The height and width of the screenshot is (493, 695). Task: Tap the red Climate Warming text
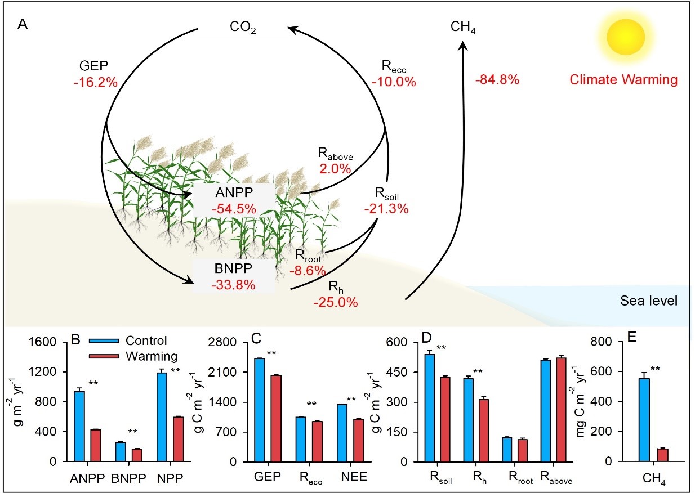(x=623, y=80)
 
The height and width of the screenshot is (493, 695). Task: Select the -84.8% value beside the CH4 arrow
(x=497, y=80)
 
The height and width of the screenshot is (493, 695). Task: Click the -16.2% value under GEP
(x=95, y=83)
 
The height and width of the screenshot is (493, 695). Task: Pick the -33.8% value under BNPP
(x=234, y=284)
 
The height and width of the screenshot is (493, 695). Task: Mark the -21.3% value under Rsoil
(x=386, y=208)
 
